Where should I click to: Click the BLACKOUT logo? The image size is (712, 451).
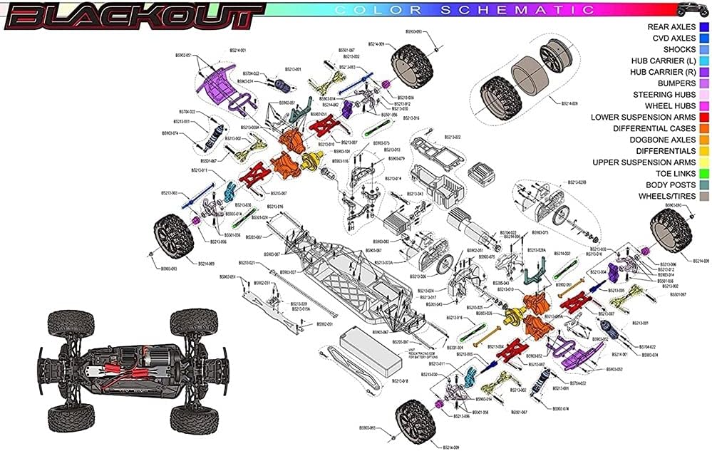click(x=132, y=14)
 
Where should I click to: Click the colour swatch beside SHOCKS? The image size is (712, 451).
click(x=703, y=49)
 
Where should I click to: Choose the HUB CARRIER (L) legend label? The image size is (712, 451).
click(x=663, y=61)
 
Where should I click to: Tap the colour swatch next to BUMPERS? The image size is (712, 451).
click(x=703, y=83)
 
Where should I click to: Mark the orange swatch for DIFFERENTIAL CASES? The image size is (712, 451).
click(x=703, y=128)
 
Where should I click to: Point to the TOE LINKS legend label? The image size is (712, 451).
click(x=673, y=173)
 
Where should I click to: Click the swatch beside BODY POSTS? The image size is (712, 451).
click(x=703, y=185)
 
